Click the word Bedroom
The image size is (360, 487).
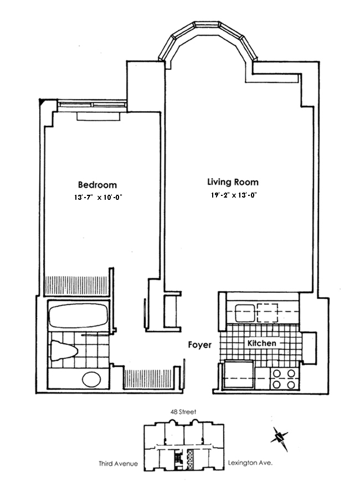(x=97, y=185)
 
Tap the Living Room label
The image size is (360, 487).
(x=233, y=182)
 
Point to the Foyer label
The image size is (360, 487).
(x=199, y=345)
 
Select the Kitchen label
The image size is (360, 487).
(x=261, y=344)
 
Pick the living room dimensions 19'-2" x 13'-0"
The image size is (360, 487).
(x=234, y=195)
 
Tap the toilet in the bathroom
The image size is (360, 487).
(x=63, y=350)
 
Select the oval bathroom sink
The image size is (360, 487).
(x=91, y=380)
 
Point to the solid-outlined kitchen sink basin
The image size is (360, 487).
(x=244, y=313)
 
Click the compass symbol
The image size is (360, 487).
(x=280, y=437)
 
